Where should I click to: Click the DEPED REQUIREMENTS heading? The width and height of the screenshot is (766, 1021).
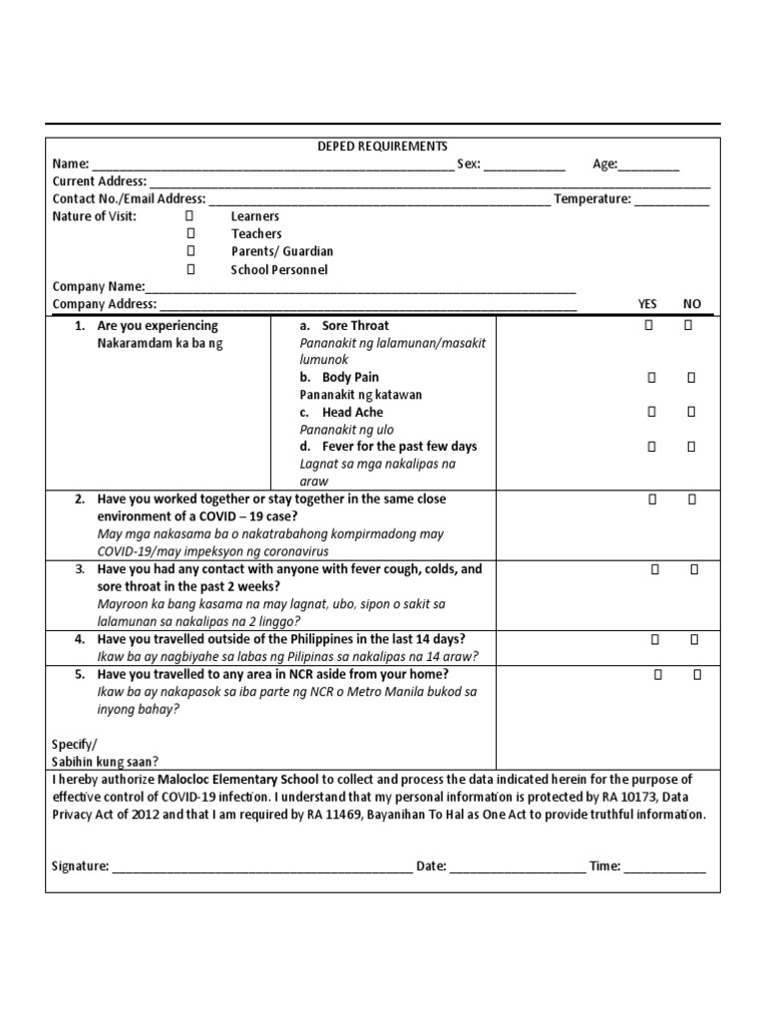pos(382,147)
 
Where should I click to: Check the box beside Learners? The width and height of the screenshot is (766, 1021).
pos(190,216)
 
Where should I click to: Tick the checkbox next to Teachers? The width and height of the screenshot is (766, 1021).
pos(190,234)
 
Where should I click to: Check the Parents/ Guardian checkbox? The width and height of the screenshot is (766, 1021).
pos(190,252)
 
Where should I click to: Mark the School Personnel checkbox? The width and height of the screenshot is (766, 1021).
pos(190,270)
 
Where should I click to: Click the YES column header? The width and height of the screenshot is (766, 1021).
pos(648,304)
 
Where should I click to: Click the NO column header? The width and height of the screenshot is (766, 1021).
pos(692,304)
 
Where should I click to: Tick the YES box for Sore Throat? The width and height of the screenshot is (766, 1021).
pos(649,326)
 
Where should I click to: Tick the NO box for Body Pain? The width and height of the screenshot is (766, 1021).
pos(691,378)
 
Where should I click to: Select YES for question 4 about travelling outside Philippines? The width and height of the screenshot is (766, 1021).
pos(654,639)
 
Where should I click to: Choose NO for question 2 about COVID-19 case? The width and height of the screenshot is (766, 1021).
pos(691,500)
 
